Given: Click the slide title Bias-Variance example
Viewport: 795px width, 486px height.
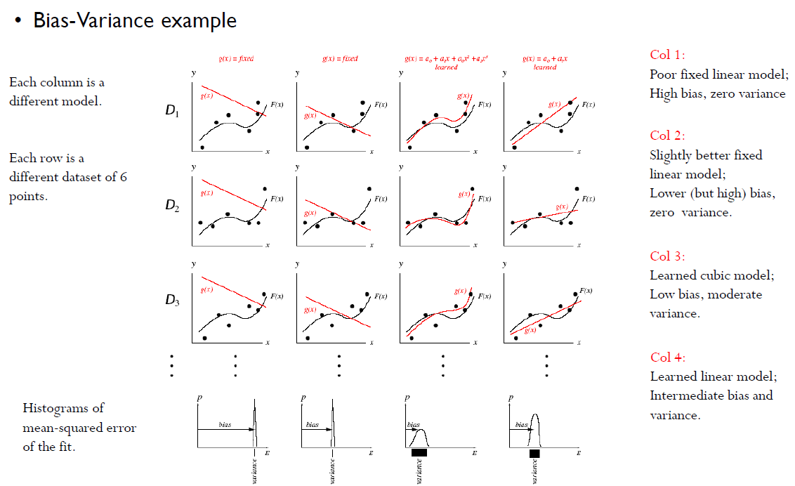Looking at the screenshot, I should coord(135,20).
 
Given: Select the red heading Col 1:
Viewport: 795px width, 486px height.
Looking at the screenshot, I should coord(667,55).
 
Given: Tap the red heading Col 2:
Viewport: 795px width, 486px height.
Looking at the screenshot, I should coord(667,136).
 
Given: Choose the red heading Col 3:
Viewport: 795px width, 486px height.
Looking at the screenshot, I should coord(667,256).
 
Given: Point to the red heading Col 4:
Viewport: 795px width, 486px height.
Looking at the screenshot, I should coord(667,357).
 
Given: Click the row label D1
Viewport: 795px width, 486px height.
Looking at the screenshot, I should coord(172,111).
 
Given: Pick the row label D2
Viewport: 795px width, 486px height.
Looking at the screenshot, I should coord(172,206).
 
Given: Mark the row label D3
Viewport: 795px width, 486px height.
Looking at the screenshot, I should coord(172,301).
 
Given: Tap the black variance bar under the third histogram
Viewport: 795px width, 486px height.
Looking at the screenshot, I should coord(419,453).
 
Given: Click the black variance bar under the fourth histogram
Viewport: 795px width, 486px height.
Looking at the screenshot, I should coord(534,454).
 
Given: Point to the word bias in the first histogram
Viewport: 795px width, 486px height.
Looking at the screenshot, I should coord(224,425).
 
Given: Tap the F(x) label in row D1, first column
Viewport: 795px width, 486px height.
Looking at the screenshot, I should coord(277,105).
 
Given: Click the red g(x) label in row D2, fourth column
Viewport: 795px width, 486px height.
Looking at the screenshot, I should coord(561,206).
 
